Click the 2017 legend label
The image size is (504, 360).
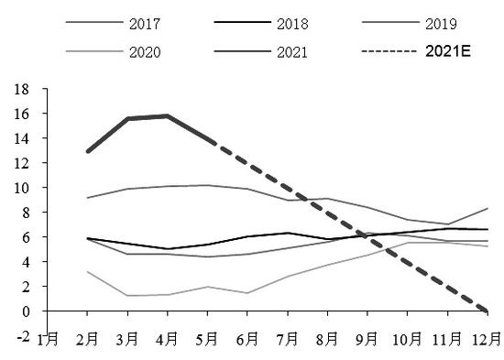145,24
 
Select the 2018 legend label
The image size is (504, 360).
292,24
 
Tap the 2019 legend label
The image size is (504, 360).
441,24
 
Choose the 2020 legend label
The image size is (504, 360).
145,52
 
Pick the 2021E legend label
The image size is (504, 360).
448,51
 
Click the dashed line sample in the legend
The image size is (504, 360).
389,51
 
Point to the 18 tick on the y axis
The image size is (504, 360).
21,89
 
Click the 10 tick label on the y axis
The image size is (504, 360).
21,188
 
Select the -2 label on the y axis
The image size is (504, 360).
24,337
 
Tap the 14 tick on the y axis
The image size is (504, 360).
21,138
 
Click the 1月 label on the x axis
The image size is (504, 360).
48,340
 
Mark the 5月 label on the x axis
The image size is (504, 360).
207,340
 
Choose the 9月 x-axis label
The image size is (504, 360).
367,340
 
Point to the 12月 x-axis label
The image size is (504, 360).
487,340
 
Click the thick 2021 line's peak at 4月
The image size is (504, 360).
168,115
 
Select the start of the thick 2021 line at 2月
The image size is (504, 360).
88,151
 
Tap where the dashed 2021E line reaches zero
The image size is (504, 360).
487,311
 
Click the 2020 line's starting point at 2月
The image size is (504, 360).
87,272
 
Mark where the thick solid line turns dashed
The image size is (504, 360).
213,142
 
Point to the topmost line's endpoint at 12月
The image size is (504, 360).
488,209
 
